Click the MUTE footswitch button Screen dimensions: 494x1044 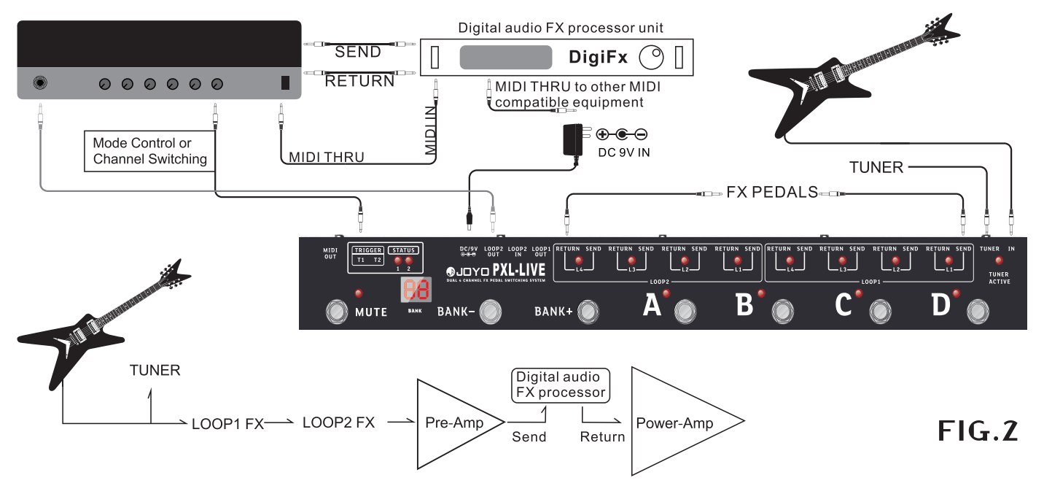click(x=337, y=312)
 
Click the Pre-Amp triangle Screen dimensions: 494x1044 click(x=452, y=423)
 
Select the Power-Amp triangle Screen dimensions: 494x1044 click(x=674, y=423)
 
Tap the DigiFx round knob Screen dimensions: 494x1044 click(x=652, y=56)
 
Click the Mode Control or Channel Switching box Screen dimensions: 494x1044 click(x=149, y=150)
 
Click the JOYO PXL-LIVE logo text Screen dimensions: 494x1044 click(x=496, y=271)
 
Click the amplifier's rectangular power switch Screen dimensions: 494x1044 click(x=286, y=83)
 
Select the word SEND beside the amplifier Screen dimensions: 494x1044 click(x=357, y=52)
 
